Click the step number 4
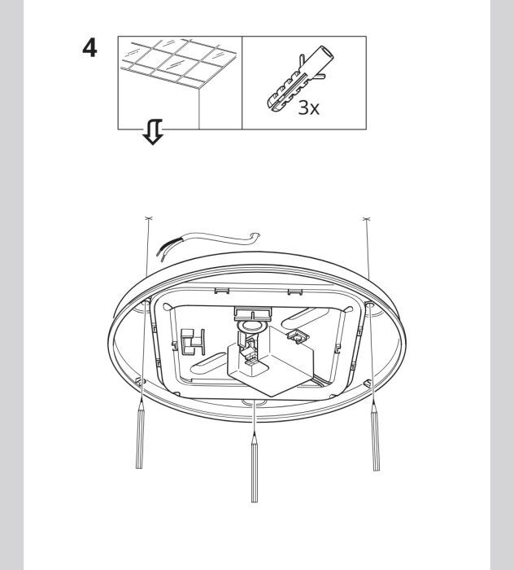pos(89,50)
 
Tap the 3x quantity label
pos(309,107)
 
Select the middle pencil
pos(255,468)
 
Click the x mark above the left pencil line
pos(148,219)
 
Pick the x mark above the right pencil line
pos(366,219)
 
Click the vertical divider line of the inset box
pos(243,82)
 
